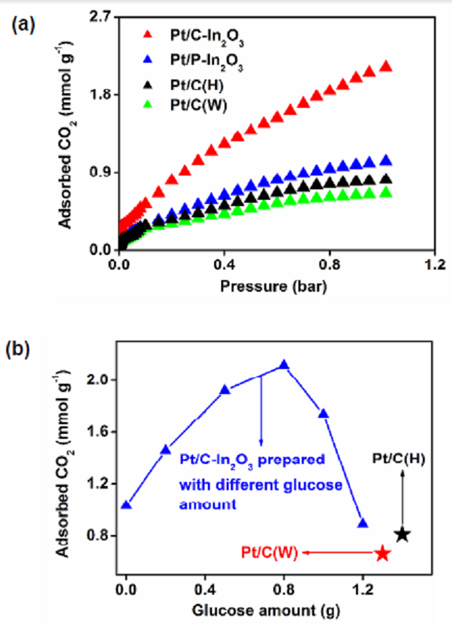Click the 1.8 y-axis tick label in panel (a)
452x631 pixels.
tap(99, 94)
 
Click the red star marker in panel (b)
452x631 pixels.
tap(382, 554)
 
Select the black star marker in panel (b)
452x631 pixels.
tap(402, 535)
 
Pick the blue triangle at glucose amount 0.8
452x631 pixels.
tap(284, 364)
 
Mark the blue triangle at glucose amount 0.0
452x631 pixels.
tap(126, 505)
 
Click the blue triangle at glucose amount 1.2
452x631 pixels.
tap(362, 524)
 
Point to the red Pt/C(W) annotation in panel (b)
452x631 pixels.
tap(270, 553)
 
